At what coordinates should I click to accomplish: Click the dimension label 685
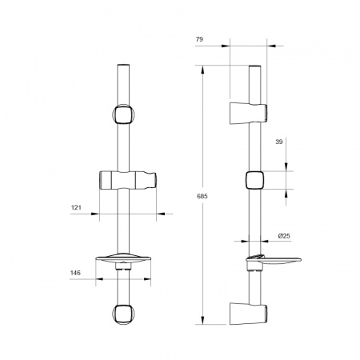pos(202,196)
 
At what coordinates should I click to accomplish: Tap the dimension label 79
pos(199,39)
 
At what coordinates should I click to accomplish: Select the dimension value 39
pos(279,142)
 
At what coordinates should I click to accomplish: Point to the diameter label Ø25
pos(284,236)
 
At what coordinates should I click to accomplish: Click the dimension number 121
pos(76,207)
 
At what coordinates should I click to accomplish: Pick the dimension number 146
pos(75,273)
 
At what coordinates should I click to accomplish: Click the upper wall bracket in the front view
pos(123,114)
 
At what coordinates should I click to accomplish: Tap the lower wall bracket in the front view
pos(123,314)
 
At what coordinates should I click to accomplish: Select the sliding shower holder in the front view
pos(128,180)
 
